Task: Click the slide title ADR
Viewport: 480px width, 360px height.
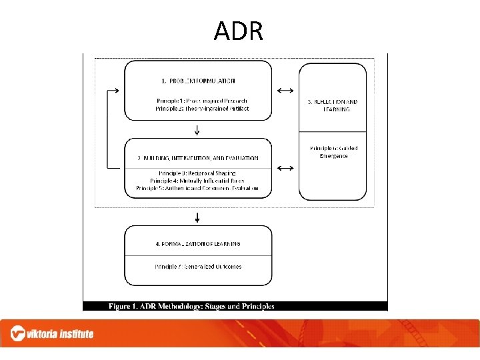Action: [239, 31]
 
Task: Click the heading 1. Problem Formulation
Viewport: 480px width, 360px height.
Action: [198, 81]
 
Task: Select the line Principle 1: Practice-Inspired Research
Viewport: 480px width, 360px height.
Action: [201, 101]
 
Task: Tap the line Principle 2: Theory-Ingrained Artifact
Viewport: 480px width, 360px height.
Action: [201, 108]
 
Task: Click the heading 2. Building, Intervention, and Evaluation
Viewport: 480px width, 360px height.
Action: [198, 158]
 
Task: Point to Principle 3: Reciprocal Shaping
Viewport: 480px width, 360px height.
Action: [197, 173]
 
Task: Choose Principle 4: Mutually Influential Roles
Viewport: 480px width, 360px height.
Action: [197, 181]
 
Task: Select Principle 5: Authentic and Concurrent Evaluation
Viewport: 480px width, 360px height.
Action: [197, 188]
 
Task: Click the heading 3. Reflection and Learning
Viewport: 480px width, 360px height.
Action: [332, 105]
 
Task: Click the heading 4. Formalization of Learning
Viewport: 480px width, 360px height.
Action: [198, 244]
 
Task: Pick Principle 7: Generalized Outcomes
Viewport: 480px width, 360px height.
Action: [198, 266]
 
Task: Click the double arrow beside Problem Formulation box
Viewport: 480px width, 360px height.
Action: [285, 90]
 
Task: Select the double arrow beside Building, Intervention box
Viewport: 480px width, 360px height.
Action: [285, 168]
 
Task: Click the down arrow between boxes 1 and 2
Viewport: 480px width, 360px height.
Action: [198, 130]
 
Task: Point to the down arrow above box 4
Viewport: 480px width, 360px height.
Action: [198, 217]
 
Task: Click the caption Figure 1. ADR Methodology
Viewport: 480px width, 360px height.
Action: [192, 307]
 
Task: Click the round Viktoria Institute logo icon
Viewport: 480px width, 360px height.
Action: [19, 333]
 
